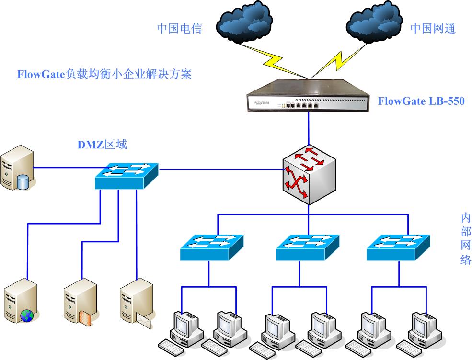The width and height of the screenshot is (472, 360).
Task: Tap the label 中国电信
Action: (179, 29)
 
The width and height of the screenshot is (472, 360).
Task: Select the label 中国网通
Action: (433, 29)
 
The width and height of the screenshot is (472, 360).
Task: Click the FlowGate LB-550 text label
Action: (421, 101)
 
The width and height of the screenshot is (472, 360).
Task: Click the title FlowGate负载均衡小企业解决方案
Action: (104, 75)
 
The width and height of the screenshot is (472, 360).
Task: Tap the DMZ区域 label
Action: (103, 144)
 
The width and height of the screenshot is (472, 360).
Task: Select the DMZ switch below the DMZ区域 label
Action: (127, 176)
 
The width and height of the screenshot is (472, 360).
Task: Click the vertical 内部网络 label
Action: (465, 239)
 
